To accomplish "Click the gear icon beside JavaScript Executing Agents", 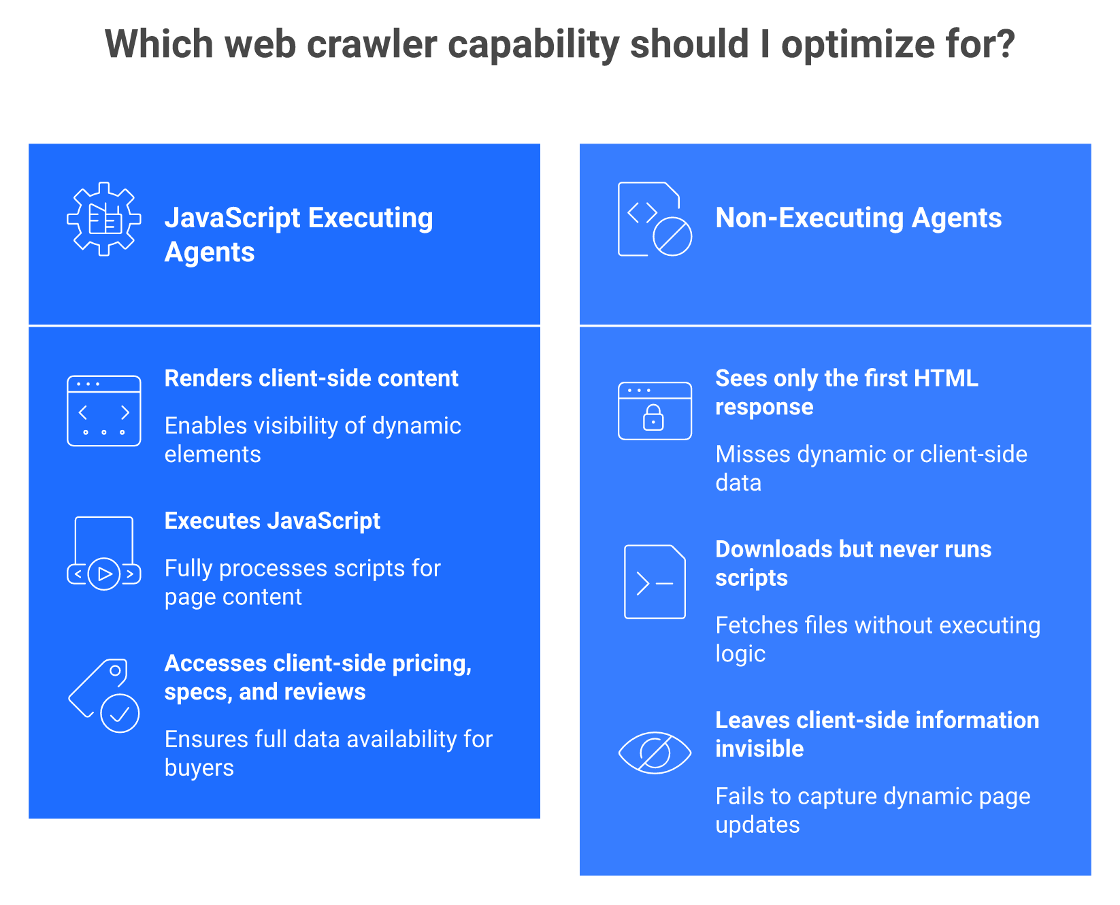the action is [104, 219].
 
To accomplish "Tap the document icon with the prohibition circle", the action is [655, 219].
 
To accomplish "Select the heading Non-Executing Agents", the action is [859, 218].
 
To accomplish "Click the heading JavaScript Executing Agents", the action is [299, 235].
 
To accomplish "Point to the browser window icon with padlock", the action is [655, 411].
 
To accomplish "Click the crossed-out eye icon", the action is [655, 753].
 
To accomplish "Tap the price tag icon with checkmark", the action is [104, 695].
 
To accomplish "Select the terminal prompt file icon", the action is [655, 582].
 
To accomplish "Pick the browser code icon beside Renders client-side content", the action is [104, 411].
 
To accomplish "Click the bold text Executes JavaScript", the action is [272, 521].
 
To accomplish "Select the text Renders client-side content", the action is [312, 378].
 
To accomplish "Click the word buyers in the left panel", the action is [199, 768].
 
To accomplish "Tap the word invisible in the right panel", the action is [759, 748].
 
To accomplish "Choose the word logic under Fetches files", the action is [740, 654].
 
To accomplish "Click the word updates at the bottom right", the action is [757, 825].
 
